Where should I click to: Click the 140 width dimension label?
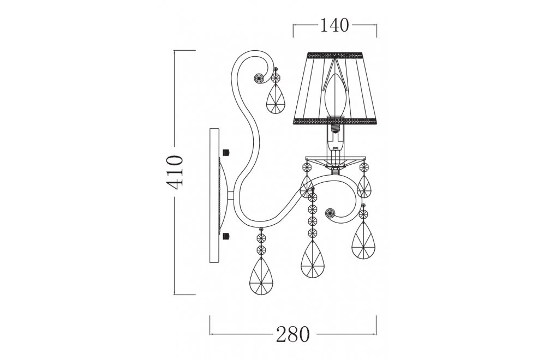coord(334,25)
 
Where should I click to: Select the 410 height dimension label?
coord(175,172)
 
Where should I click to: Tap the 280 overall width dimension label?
coord(293,334)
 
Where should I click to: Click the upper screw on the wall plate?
coord(226,152)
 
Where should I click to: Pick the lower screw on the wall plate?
coord(226,236)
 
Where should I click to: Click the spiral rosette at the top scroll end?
coord(259,78)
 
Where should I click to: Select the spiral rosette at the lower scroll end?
coord(330,212)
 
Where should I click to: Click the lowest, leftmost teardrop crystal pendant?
coord(261,275)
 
